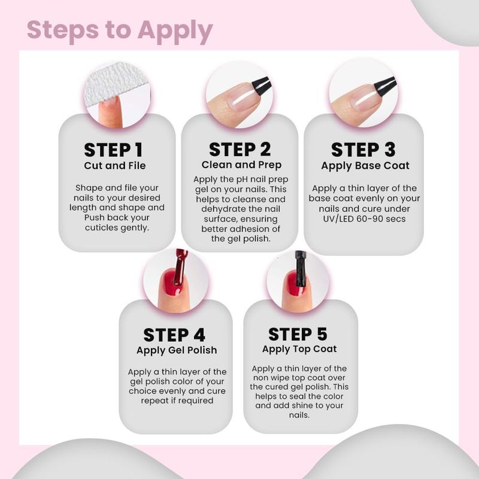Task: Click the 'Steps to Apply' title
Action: [120, 31]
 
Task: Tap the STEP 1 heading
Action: [113, 150]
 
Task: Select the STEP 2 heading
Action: [240, 149]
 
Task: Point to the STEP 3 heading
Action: [363, 150]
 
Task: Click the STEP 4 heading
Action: [174, 335]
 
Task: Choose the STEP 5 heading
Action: [298, 334]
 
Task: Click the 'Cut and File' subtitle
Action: [115, 166]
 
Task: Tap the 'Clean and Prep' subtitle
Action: [241, 165]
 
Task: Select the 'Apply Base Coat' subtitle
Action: [365, 166]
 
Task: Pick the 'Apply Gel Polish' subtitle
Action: [177, 350]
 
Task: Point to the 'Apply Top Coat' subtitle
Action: [299, 349]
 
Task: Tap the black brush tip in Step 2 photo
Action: [262, 85]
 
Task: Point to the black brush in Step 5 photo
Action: [301, 269]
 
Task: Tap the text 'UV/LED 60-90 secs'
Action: [364, 219]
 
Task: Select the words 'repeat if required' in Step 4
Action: [177, 401]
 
